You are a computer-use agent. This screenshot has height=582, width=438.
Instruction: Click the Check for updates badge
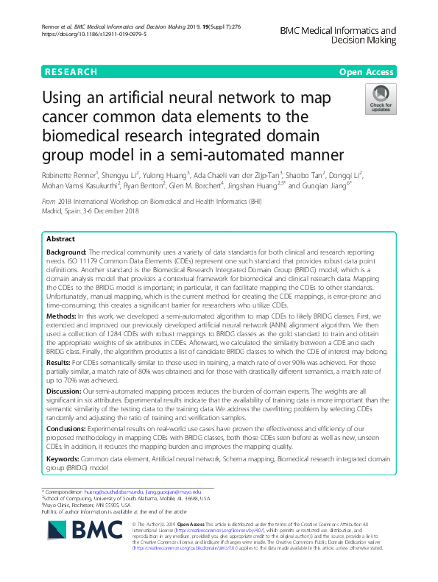(381, 98)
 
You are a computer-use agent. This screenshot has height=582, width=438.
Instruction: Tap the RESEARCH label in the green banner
(71, 72)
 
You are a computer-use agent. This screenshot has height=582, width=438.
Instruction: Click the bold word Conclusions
(66, 427)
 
